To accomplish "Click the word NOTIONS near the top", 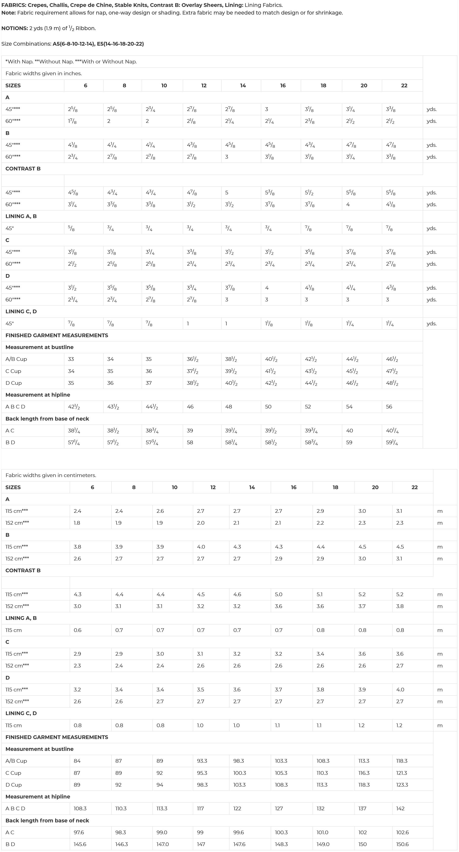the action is pos(15,28).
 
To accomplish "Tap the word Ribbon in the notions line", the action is pos(85,28).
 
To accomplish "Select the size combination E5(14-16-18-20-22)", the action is pos(120,44).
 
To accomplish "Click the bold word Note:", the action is pos(9,13).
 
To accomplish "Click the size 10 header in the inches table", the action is pos(164,85).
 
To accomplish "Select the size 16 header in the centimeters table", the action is pos(293,487).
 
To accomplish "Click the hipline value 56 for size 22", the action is pos(389,407).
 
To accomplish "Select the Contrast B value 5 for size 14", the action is pos(227,192).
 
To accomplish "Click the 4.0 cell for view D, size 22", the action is pos(400,690).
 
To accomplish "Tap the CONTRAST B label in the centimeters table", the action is pos(23,570).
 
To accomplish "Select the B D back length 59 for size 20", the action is pos(349,442).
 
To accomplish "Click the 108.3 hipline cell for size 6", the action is pos(80,808).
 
